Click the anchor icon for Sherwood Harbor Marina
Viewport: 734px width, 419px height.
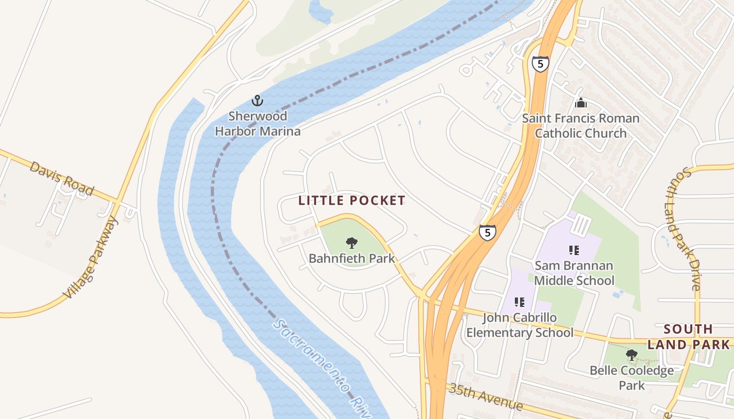(257, 100)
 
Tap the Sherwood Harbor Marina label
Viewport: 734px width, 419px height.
(257, 124)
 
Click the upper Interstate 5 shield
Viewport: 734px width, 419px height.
(540, 64)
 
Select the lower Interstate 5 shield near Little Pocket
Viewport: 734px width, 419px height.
(487, 233)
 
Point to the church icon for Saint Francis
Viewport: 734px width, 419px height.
(580, 103)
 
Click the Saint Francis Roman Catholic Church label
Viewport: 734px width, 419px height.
(580, 126)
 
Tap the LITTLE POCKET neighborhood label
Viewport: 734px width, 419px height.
(352, 201)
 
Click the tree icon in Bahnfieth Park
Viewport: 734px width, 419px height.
(352, 242)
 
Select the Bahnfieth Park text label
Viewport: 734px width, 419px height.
(351, 258)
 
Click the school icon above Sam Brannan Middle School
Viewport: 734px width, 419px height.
(574, 250)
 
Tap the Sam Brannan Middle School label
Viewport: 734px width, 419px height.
(574, 273)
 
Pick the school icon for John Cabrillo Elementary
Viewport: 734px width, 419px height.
(520, 302)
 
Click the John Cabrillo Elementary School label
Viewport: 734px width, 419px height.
(520, 325)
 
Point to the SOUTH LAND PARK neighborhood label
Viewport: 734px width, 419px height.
(688, 337)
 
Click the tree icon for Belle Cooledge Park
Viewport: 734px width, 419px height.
(631, 355)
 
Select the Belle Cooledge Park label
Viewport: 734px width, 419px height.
(631, 378)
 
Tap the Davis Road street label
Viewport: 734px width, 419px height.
(61, 179)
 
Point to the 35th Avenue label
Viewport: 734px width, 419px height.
(485, 396)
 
